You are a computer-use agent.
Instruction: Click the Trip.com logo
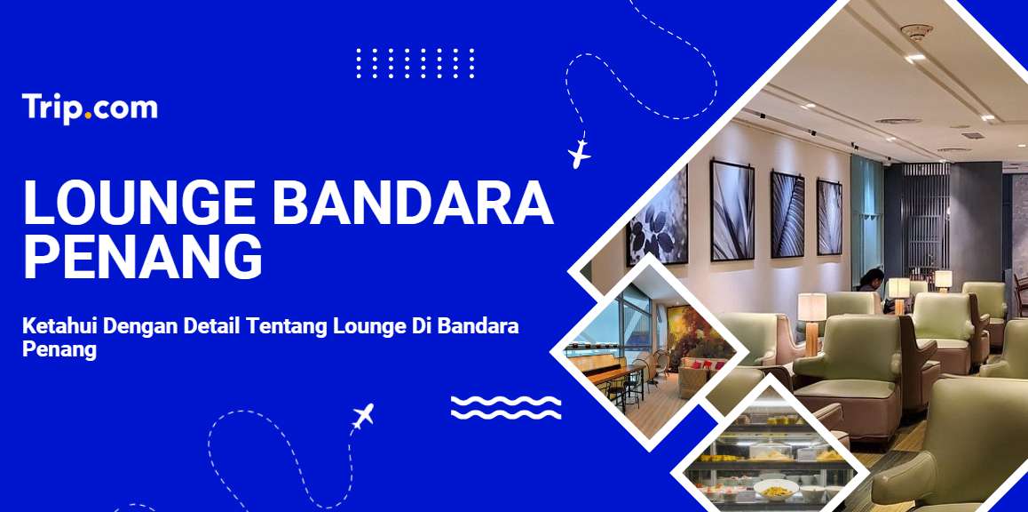pos(90,109)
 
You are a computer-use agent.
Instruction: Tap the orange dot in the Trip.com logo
pos(88,116)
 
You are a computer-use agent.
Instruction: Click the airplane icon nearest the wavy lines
pos(362,415)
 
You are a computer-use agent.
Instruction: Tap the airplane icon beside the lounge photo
pos(579,153)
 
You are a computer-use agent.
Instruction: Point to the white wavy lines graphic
pos(505,407)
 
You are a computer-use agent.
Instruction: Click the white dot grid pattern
pos(415,63)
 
